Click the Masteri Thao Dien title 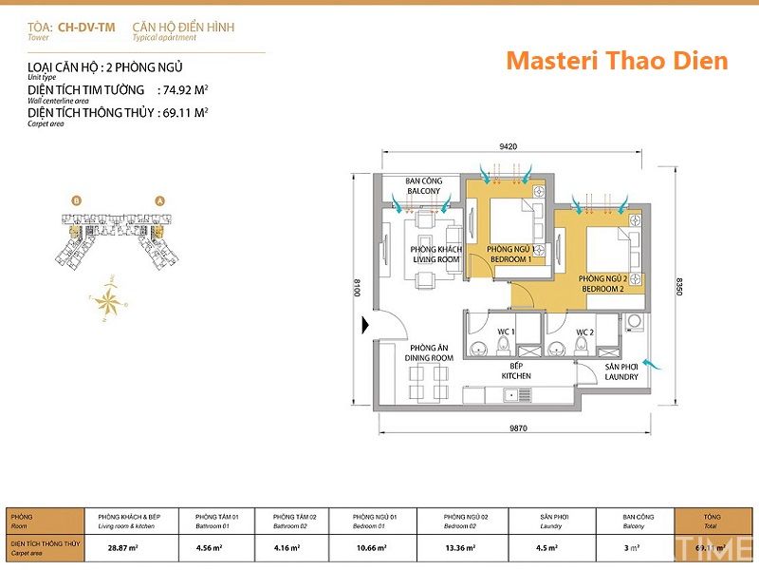pos(617,61)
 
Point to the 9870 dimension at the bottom pos(518,429)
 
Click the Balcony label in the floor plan pos(423,185)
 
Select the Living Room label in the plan pos(435,255)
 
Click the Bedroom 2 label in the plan pos(602,283)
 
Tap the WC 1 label pos(506,332)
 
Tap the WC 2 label pos(583,332)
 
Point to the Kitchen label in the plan pos(516,370)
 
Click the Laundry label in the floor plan pos(621,371)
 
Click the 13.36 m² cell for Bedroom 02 pos(459,547)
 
